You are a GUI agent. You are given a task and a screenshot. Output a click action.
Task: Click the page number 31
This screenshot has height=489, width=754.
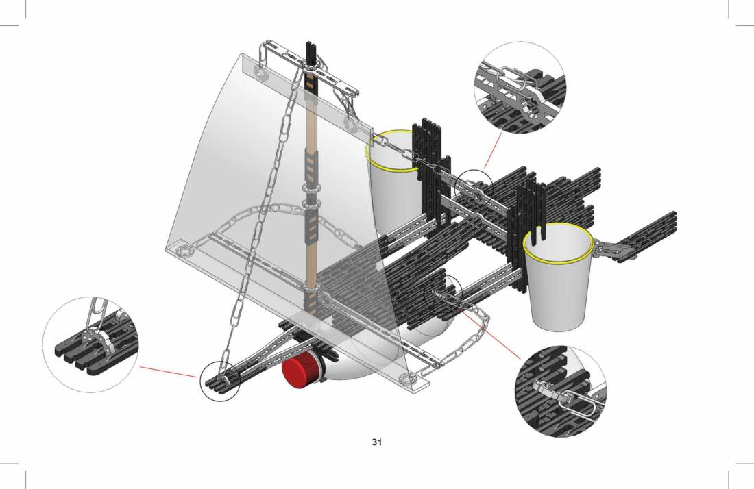coord(376,442)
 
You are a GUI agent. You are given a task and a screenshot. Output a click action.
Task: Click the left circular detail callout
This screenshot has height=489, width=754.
coord(90,344)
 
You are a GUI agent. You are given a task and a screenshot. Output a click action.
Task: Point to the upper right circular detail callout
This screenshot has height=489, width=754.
coord(520,88)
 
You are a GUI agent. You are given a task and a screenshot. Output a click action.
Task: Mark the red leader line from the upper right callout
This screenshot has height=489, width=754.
coord(492,151)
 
